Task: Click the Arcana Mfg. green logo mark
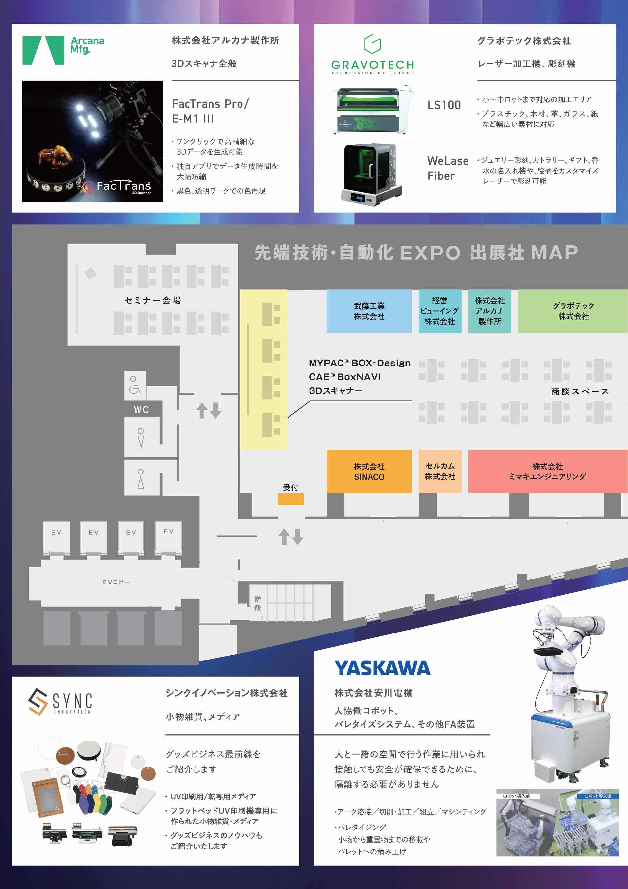coord(43,50)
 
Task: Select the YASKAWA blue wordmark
coord(382,668)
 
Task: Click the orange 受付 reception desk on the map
coord(290,499)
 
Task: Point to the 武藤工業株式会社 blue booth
coord(369,311)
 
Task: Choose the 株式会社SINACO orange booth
coord(369,471)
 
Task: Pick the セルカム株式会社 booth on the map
coord(440,471)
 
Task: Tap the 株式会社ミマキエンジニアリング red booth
coord(547,471)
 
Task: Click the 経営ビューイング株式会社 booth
coord(440,311)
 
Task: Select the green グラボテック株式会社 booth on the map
coord(573,311)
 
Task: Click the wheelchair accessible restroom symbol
coord(135,385)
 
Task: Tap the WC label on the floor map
coord(141,410)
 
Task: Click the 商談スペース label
coord(580,391)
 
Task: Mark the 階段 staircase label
coord(258,603)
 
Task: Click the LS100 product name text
coord(444,105)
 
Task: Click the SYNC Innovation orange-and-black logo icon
coord(38,701)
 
